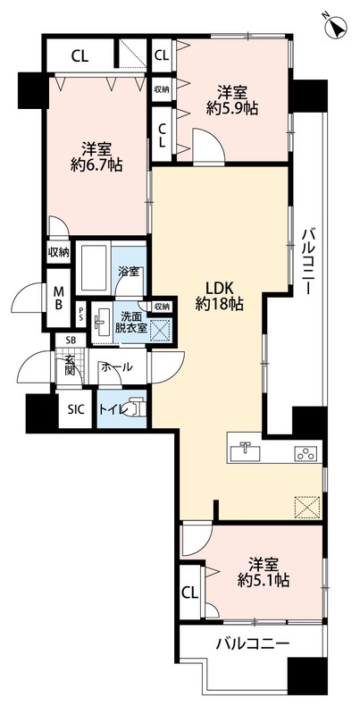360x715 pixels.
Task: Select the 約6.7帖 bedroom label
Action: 97,156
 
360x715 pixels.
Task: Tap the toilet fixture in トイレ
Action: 132,408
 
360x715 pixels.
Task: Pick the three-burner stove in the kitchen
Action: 305,454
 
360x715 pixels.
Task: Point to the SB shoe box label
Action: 70,341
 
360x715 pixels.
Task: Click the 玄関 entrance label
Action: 70,366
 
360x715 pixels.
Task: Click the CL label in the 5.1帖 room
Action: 189,592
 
